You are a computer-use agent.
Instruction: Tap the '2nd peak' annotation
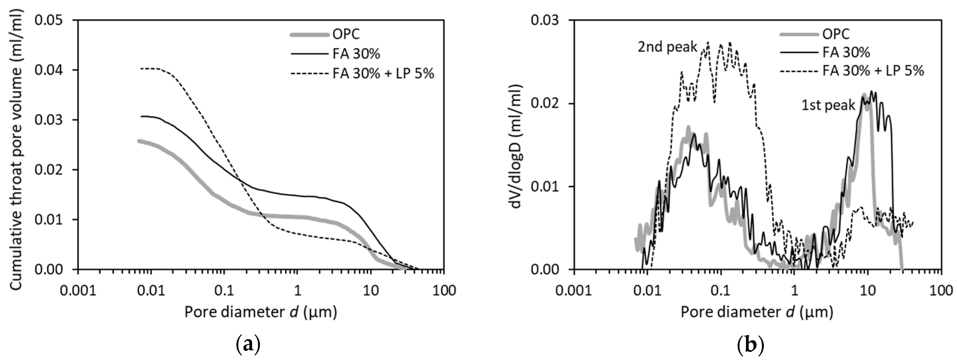pyautogui.click(x=667, y=48)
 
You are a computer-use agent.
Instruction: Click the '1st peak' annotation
pyautogui.click(x=828, y=105)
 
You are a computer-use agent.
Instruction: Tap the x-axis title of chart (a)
pyautogui.click(x=261, y=312)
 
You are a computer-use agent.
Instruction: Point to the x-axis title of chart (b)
pyautogui.click(x=757, y=312)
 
